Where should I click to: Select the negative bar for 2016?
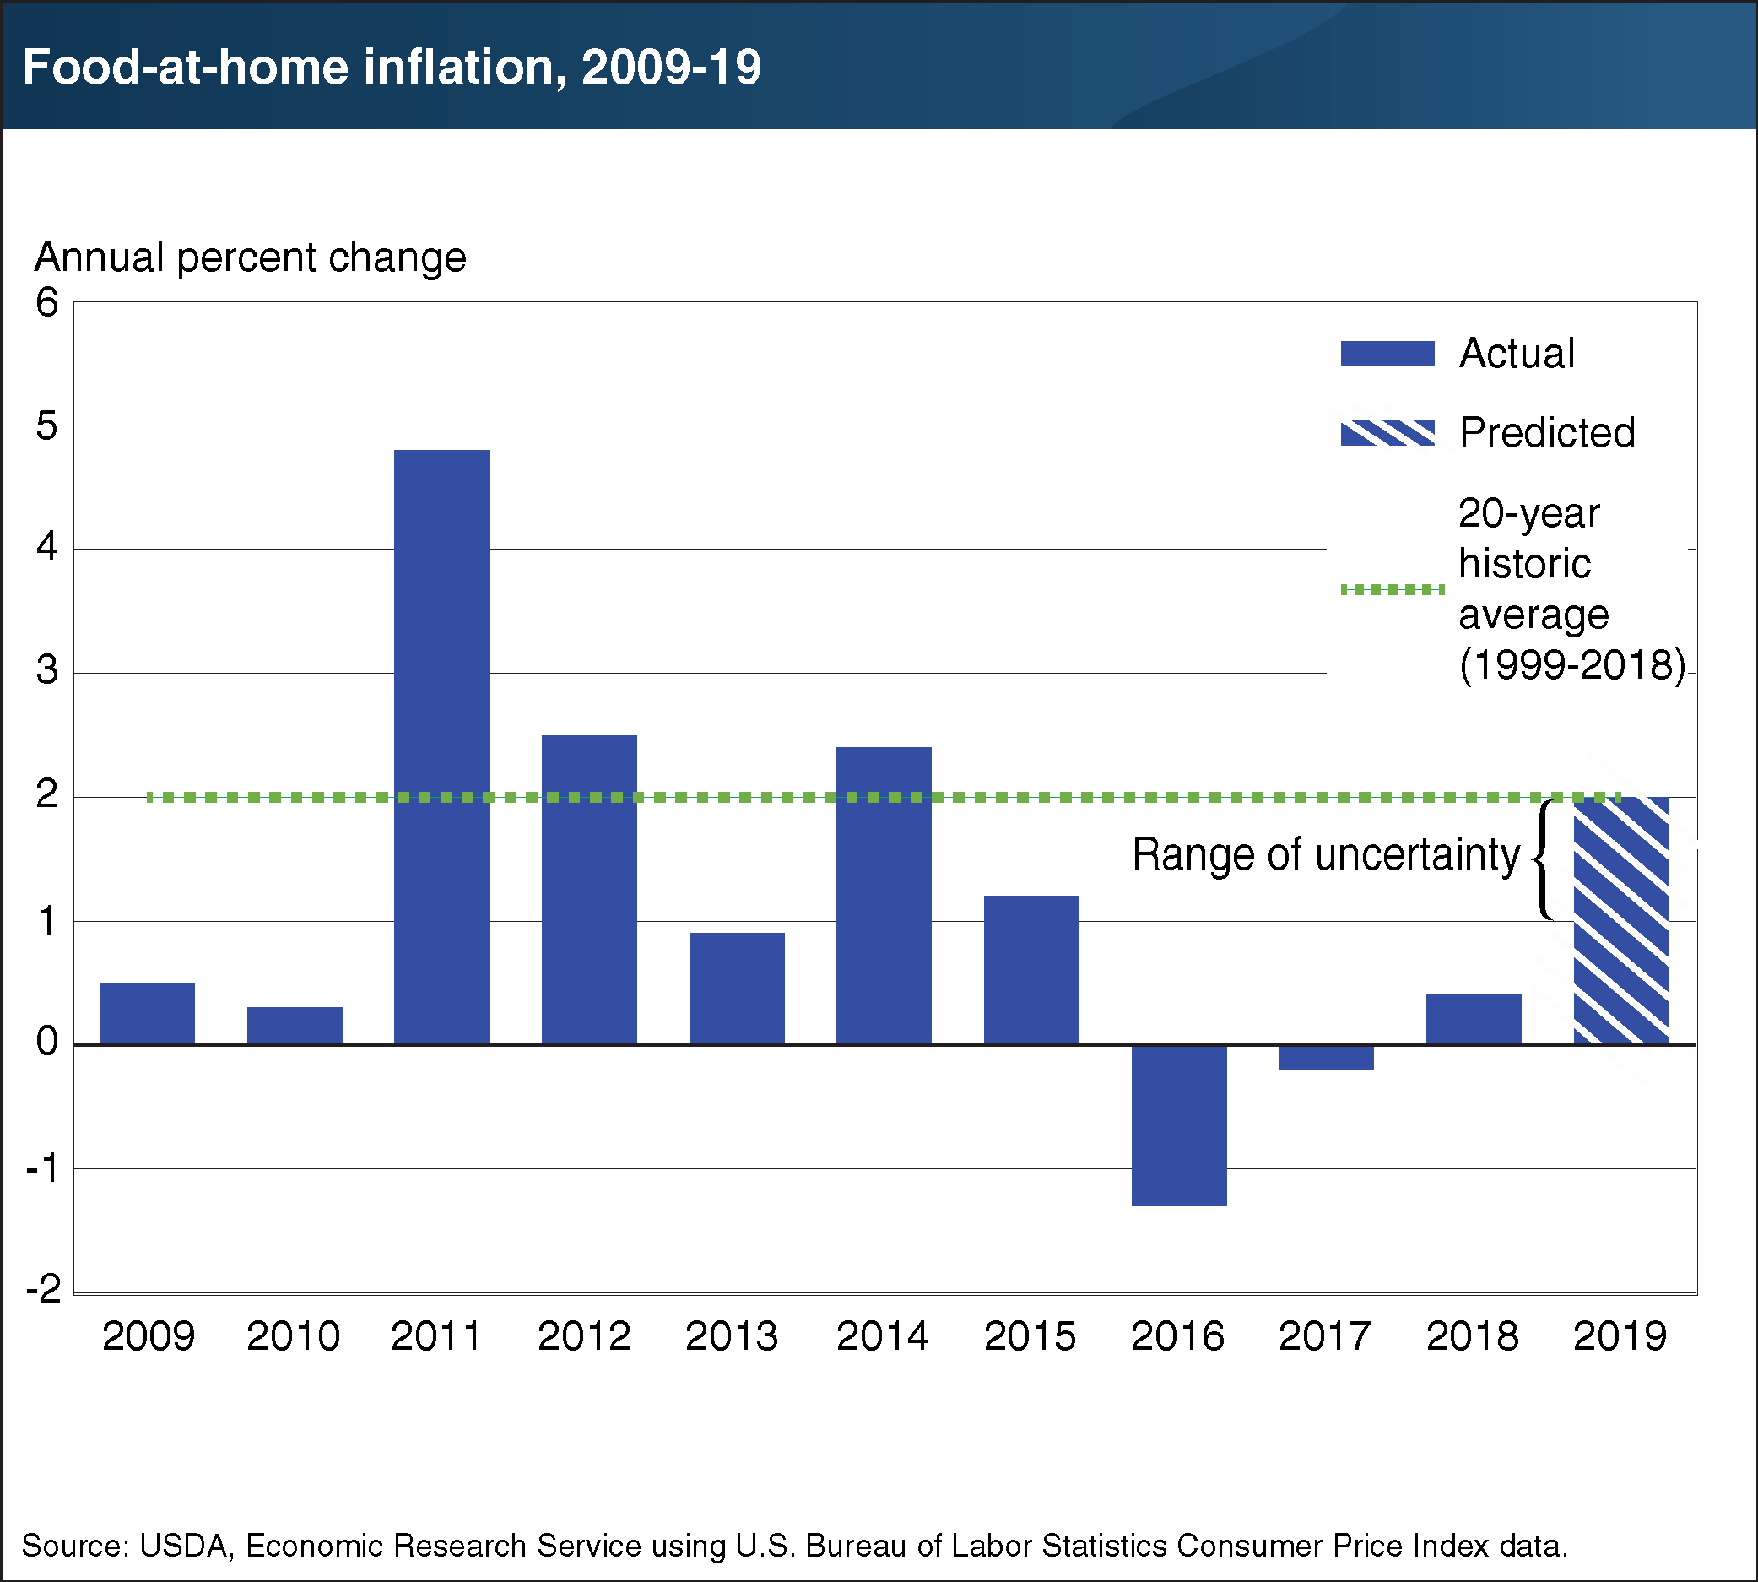[x=1178, y=1124]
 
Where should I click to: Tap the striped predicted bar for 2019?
[x=1620, y=920]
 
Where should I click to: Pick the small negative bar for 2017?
[x=1326, y=1057]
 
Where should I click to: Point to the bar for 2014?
[x=884, y=896]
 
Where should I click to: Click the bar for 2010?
[x=295, y=1026]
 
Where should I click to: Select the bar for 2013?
[x=737, y=989]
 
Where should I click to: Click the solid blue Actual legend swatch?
[x=1387, y=354]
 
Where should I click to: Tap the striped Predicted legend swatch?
[x=1387, y=433]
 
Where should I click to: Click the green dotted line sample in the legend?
[x=1393, y=589]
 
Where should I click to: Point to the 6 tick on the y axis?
[x=47, y=302]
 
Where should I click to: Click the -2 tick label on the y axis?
[x=43, y=1288]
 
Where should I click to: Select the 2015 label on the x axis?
[x=1030, y=1336]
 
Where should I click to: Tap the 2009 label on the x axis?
[x=148, y=1336]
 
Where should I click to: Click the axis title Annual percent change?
[x=251, y=257]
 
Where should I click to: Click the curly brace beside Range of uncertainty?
[x=1545, y=859]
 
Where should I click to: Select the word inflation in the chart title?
[x=461, y=67]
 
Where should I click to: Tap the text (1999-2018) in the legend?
[x=1571, y=666]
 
